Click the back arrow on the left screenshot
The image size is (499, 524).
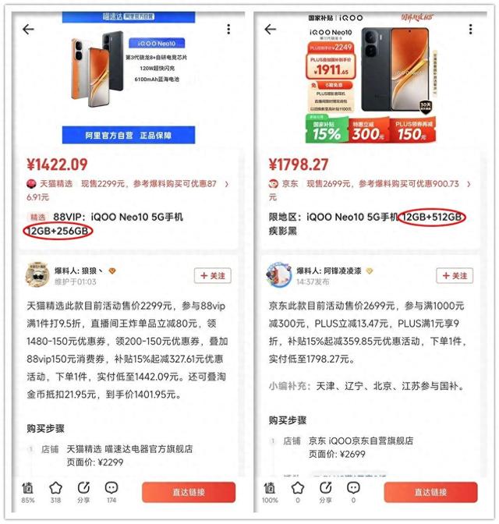[x=28, y=30]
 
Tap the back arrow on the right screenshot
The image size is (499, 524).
[x=271, y=30]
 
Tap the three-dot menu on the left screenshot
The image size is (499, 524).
[x=228, y=30]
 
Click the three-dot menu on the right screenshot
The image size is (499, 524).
[x=470, y=30]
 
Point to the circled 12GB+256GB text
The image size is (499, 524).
[x=58, y=231]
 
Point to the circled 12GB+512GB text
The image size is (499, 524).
[x=431, y=217]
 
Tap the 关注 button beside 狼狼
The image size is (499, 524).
[x=212, y=275]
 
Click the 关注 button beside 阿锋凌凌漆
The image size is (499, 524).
[x=454, y=275]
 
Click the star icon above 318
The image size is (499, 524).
[x=55, y=488]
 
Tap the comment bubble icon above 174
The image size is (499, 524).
[x=111, y=488]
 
